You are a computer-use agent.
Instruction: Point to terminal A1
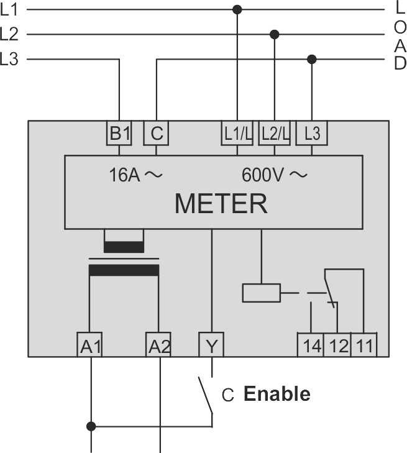pos(91,345)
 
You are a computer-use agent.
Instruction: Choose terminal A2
pos(159,345)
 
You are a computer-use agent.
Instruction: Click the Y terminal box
pos(212,344)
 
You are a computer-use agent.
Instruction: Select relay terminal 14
pos(312,345)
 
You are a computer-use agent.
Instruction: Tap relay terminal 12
pos(338,345)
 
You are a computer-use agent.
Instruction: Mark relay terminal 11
pos(364,345)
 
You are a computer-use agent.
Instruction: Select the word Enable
pos(277,394)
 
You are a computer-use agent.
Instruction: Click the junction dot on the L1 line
pos(237,9)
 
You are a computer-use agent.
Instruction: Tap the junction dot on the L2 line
pos(275,34)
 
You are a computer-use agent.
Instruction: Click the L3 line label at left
pos(9,60)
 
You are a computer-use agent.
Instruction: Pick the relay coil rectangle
pos(261,292)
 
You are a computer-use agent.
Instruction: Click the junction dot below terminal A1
pos(91,426)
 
